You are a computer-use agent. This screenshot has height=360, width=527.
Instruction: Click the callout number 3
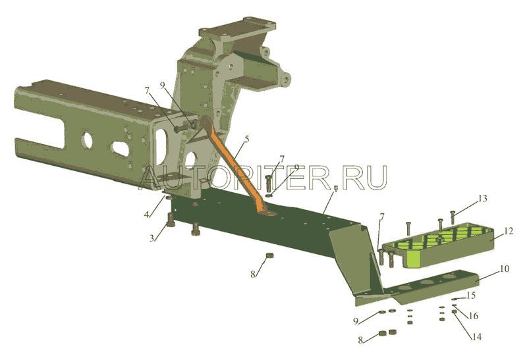[152, 238]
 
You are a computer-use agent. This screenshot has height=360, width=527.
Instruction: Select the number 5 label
[246, 139]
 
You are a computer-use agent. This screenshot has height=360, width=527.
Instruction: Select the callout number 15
[470, 296]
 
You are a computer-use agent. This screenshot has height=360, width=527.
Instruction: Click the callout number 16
[473, 316]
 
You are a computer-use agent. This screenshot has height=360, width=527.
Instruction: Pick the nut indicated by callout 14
[456, 313]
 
